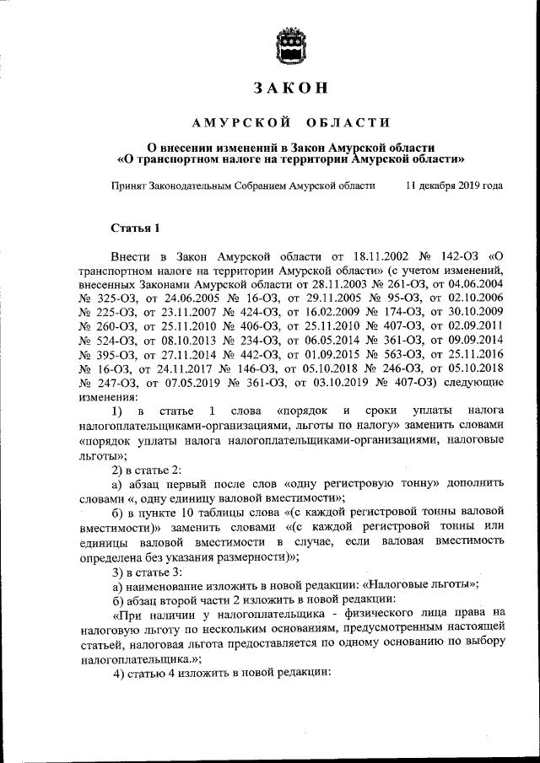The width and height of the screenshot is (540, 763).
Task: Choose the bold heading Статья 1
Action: pyautogui.click(x=134, y=228)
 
